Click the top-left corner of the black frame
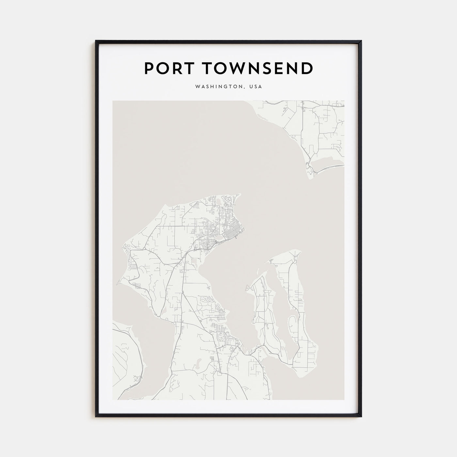[x=96, y=41]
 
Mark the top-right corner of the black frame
[x=361, y=41]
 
